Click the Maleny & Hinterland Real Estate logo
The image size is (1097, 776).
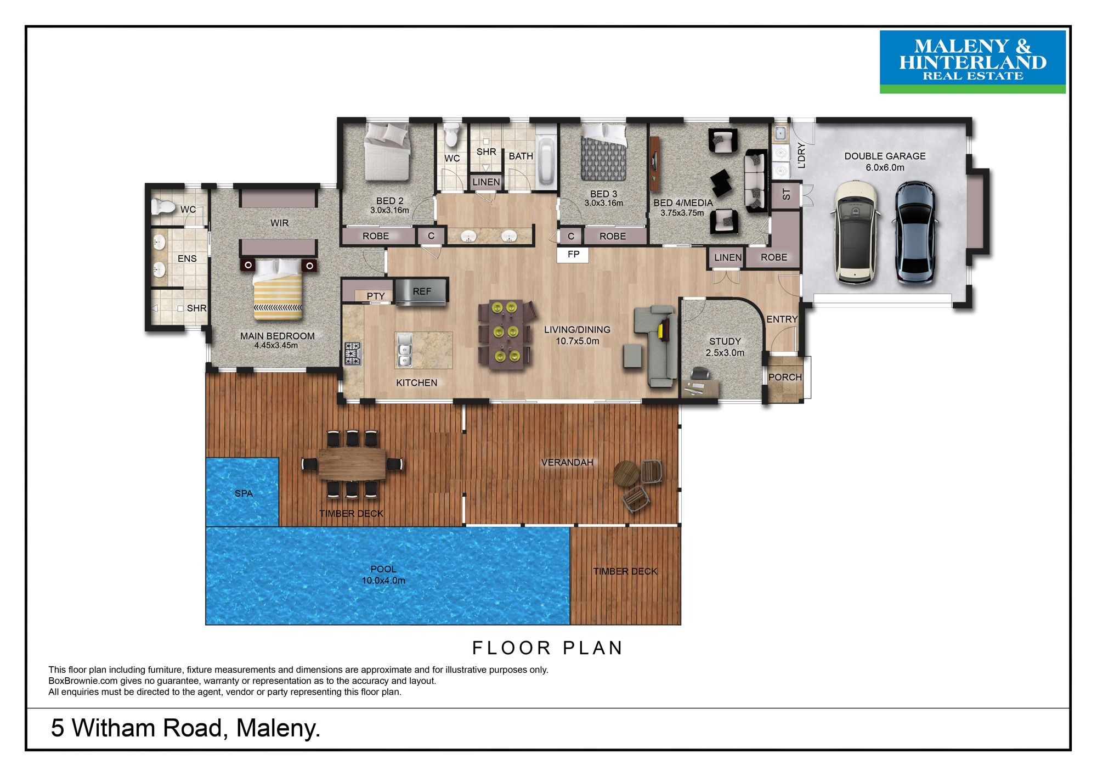point(972,61)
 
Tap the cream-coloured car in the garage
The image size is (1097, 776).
point(855,232)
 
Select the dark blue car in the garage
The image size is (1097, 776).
point(914,232)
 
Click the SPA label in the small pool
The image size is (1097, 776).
point(244,493)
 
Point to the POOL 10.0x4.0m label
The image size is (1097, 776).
point(383,575)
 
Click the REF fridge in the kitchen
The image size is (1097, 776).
point(421,291)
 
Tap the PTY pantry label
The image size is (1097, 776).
point(376,296)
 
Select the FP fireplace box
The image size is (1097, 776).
point(573,255)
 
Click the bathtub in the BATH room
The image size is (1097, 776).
point(545,161)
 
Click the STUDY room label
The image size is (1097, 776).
point(725,341)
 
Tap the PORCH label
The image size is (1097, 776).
point(785,377)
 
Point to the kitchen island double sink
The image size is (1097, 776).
point(404,350)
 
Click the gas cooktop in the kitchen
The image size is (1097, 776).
point(353,353)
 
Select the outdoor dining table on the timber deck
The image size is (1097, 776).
point(352,464)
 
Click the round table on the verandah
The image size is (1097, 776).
point(626,473)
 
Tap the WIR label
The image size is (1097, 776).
point(279,223)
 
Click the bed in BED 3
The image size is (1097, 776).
point(603,152)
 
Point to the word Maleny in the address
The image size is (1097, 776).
point(278,728)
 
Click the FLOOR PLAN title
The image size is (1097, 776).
point(547,648)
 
